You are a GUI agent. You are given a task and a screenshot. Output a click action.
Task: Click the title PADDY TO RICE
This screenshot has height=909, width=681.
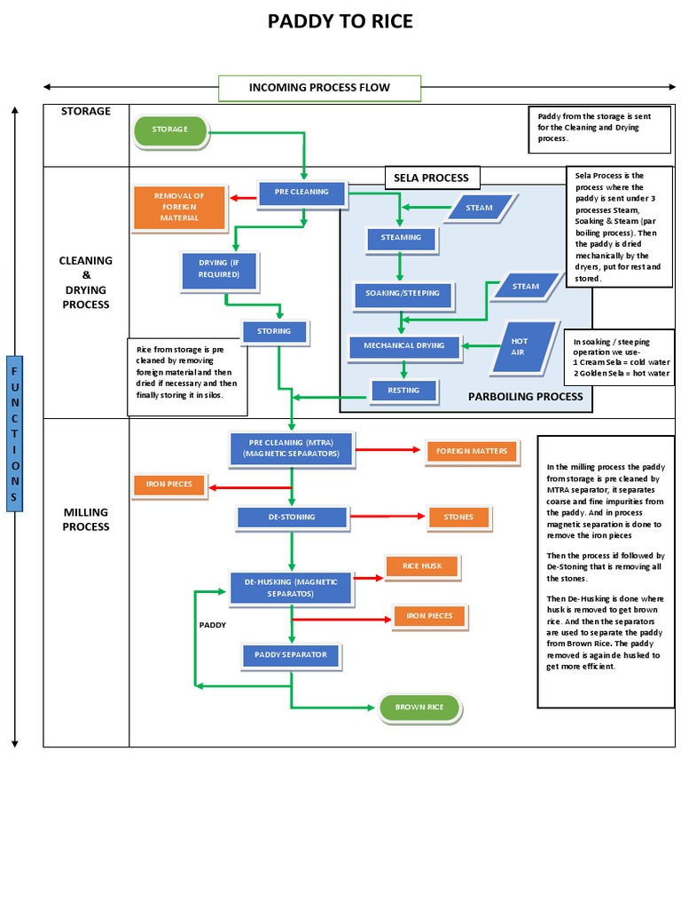340,21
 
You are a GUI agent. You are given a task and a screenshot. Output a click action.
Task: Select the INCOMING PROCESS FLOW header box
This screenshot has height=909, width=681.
319,88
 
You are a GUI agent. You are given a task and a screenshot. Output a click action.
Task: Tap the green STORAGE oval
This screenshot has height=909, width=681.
170,130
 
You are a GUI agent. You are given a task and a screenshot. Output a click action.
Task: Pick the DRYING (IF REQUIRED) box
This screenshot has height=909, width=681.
219,270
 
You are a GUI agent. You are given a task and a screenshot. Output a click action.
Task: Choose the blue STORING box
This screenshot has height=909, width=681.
274,332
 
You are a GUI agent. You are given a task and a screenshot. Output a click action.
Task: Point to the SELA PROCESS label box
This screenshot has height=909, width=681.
432,178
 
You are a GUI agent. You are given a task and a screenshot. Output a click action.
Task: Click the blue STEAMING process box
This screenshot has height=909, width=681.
401,238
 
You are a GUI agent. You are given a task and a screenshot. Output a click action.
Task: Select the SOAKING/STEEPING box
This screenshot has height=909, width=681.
403,293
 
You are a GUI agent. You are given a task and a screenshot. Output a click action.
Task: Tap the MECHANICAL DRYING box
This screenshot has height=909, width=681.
404,345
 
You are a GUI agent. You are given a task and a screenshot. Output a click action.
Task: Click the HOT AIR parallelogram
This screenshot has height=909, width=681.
524,346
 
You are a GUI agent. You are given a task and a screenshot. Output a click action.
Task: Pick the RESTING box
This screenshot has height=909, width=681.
403,390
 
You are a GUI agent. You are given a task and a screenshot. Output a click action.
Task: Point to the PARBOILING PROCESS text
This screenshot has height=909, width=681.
525,397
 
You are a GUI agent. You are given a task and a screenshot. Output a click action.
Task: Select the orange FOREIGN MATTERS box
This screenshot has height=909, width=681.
471,452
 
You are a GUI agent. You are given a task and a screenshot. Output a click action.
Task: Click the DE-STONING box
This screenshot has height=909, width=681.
291,517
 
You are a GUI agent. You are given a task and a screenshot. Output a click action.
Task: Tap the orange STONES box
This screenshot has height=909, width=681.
458,518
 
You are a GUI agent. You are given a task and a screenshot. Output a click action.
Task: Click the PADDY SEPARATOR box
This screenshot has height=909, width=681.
291,655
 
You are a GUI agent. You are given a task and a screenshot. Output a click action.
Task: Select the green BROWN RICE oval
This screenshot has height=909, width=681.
419,707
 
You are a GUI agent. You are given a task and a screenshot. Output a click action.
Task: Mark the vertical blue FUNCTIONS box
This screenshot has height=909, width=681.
14,433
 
